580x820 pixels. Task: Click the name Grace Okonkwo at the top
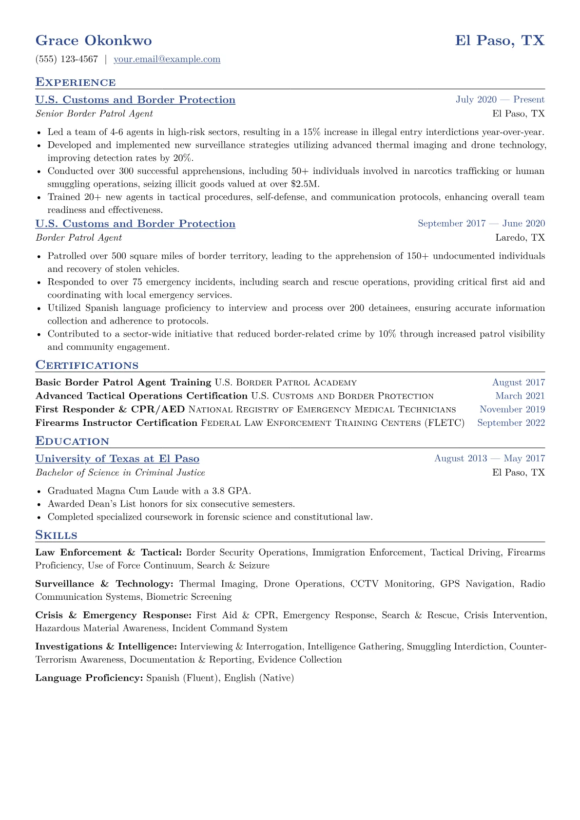click(x=94, y=40)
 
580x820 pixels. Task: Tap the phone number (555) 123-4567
click(x=67, y=59)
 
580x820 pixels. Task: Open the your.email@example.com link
click(x=167, y=59)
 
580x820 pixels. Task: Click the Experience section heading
click(x=76, y=82)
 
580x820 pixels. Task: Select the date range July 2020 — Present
click(x=500, y=100)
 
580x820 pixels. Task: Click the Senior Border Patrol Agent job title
click(x=94, y=114)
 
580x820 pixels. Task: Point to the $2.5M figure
click(x=305, y=184)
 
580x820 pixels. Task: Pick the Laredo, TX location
click(x=520, y=238)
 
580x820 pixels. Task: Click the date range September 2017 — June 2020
click(x=481, y=224)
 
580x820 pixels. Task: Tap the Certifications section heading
click(x=87, y=365)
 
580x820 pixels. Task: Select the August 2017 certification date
click(x=518, y=383)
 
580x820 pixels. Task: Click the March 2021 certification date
click(x=520, y=396)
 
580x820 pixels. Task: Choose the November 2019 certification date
click(x=512, y=410)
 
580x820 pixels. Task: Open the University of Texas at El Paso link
click(x=117, y=459)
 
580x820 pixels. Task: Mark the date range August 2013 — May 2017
click(x=489, y=458)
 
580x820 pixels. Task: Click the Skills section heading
click(x=56, y=535)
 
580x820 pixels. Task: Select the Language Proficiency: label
click(x=89, y=678)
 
